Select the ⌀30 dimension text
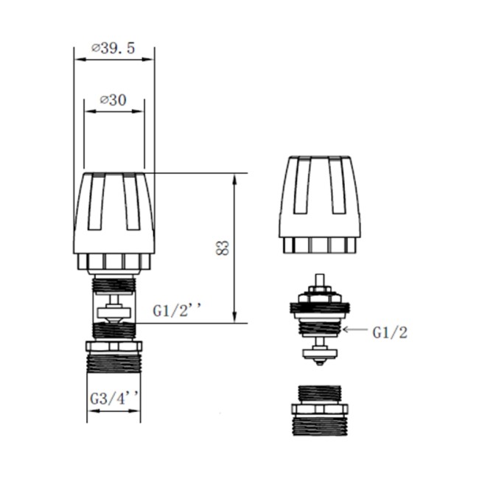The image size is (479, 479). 112,100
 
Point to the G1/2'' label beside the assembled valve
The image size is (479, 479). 178,311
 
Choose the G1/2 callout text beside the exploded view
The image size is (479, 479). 390,332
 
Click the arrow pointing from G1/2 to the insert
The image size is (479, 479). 354,332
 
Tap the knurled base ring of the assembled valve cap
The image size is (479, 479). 115,261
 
